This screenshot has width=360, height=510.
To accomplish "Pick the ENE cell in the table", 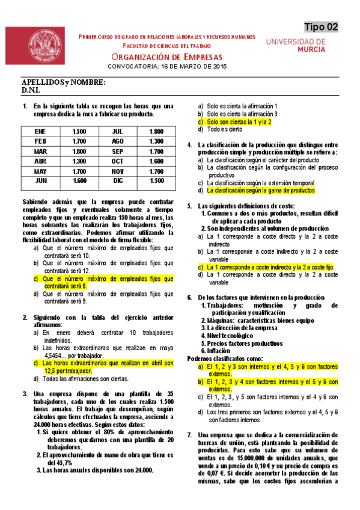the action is point(40,131).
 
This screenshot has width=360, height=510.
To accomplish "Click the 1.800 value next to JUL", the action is point(156,131).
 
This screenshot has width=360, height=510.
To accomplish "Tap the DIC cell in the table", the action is point(118,180).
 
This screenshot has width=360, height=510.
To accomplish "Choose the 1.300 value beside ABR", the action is point(79,161).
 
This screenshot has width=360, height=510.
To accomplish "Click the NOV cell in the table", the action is point(118,170).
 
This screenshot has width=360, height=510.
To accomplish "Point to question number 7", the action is point(190,435).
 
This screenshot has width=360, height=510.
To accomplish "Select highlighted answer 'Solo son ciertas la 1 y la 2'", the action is point(239,121).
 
